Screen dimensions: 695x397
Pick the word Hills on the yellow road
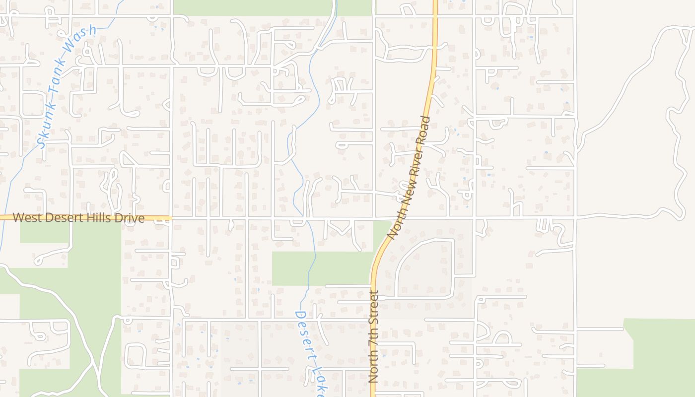[x=97, y=218]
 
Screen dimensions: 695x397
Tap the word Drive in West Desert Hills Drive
[x=130, y=218]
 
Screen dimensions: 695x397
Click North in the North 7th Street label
[x=374, y=365]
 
